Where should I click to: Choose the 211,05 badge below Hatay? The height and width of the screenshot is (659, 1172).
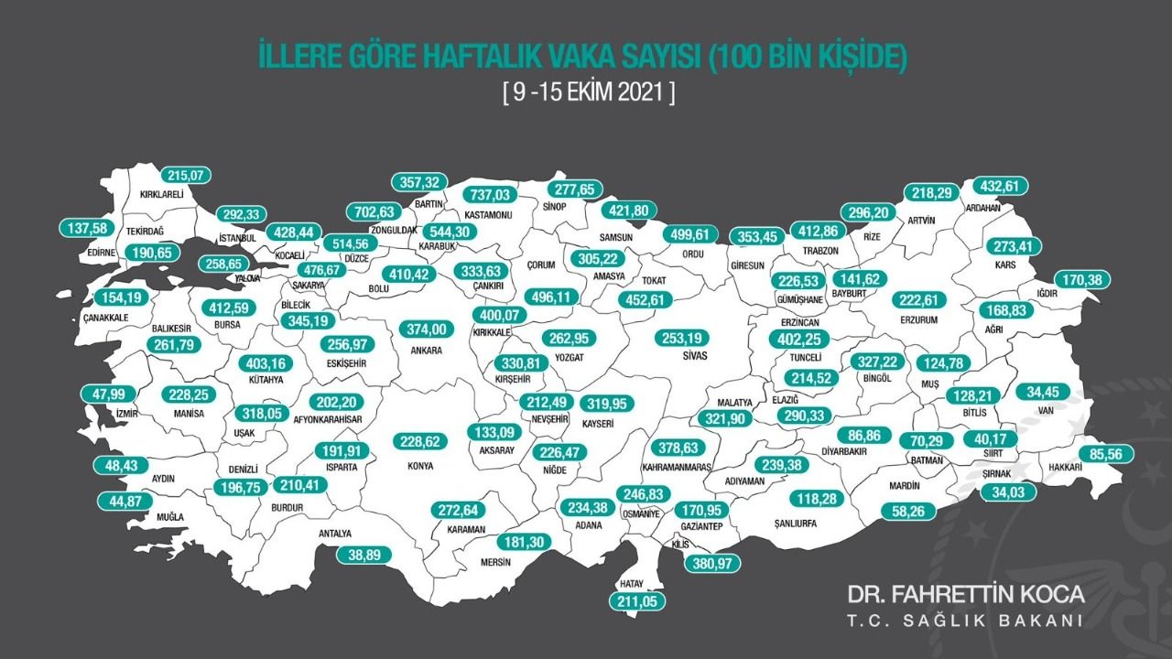(637, 601)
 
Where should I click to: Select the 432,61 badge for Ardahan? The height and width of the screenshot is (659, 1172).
(999, 186)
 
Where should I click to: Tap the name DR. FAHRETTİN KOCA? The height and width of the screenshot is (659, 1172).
(965, 594)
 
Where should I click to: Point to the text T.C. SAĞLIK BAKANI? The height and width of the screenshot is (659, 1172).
(965, 621)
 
